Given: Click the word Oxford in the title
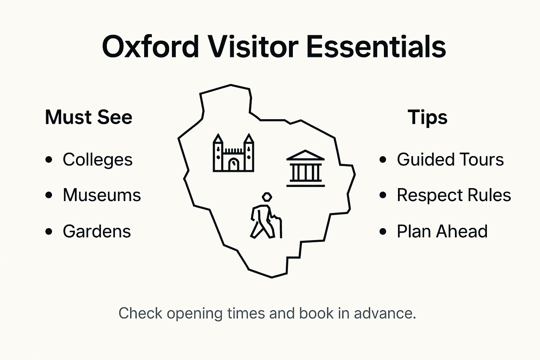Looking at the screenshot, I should coord(150,47).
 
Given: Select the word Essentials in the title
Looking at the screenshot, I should coord(376,47).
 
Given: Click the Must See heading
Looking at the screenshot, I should coord(89,117).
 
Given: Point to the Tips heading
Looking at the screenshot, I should coord(427,117).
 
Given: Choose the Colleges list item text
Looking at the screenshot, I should coord(98,160).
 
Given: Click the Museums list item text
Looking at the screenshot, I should coord(102,195).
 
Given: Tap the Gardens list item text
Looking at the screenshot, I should coord(97,231).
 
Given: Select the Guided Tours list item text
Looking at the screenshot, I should coord(450,160).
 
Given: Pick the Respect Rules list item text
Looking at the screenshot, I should coord(454,195).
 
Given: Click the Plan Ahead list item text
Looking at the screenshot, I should coord(442,231).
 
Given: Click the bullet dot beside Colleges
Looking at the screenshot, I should coord(49,160).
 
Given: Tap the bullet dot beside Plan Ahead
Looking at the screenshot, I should coord(383,232).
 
